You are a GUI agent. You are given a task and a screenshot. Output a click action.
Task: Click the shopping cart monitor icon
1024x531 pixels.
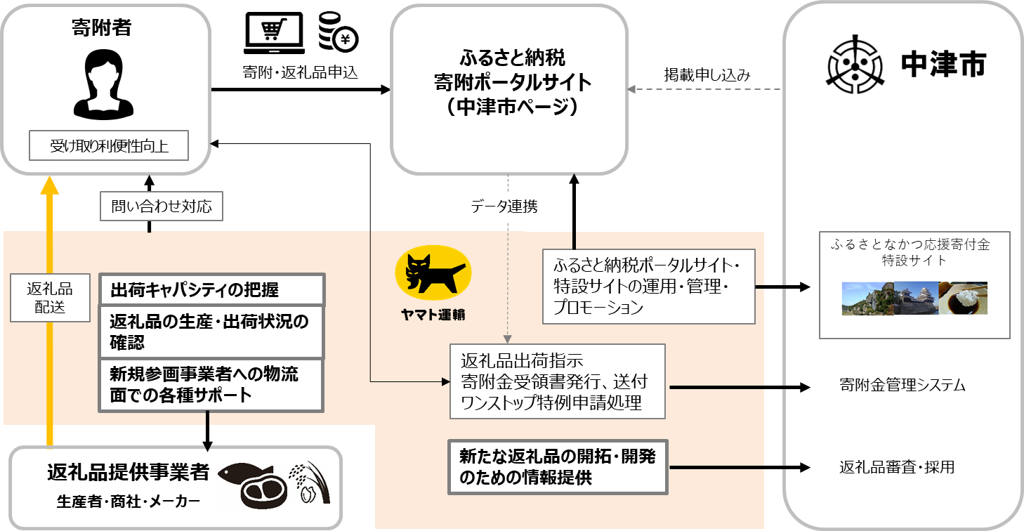coord(274,32)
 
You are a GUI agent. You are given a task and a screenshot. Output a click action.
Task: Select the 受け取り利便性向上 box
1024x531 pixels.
coord(109,147)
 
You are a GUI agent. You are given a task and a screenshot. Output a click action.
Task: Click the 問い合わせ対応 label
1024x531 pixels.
coord(162,207)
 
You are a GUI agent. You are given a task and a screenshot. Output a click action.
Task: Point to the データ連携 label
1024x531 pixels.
coord(504,207)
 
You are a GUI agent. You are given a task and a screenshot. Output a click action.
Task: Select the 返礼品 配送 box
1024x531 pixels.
coord(49,298)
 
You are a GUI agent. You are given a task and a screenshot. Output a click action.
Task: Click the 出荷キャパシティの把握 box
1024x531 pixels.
coord(211,289)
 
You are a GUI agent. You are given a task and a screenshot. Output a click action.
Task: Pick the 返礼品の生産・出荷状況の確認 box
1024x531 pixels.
coord(211,332)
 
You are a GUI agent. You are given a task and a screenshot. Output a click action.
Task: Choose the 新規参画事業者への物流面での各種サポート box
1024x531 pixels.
coord(211,384)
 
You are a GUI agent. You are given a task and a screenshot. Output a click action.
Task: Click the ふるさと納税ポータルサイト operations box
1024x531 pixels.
coord(648,287)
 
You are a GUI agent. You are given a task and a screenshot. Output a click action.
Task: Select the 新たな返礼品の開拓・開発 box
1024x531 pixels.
coord(558,467)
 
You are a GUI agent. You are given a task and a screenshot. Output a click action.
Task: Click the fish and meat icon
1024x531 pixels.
coord(252,485)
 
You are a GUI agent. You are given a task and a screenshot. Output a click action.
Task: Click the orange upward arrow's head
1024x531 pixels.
coord(49,184)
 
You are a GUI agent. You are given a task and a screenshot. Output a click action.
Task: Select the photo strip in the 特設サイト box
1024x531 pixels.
coord(914,299)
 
